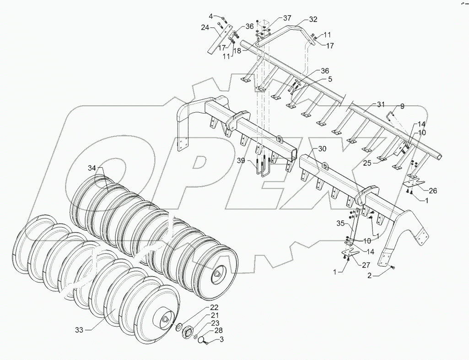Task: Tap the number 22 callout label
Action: tap(215, 307)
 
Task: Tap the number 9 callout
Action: tap(402, 106)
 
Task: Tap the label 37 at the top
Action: tap(287, 18)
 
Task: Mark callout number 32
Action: tap(313, 20)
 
